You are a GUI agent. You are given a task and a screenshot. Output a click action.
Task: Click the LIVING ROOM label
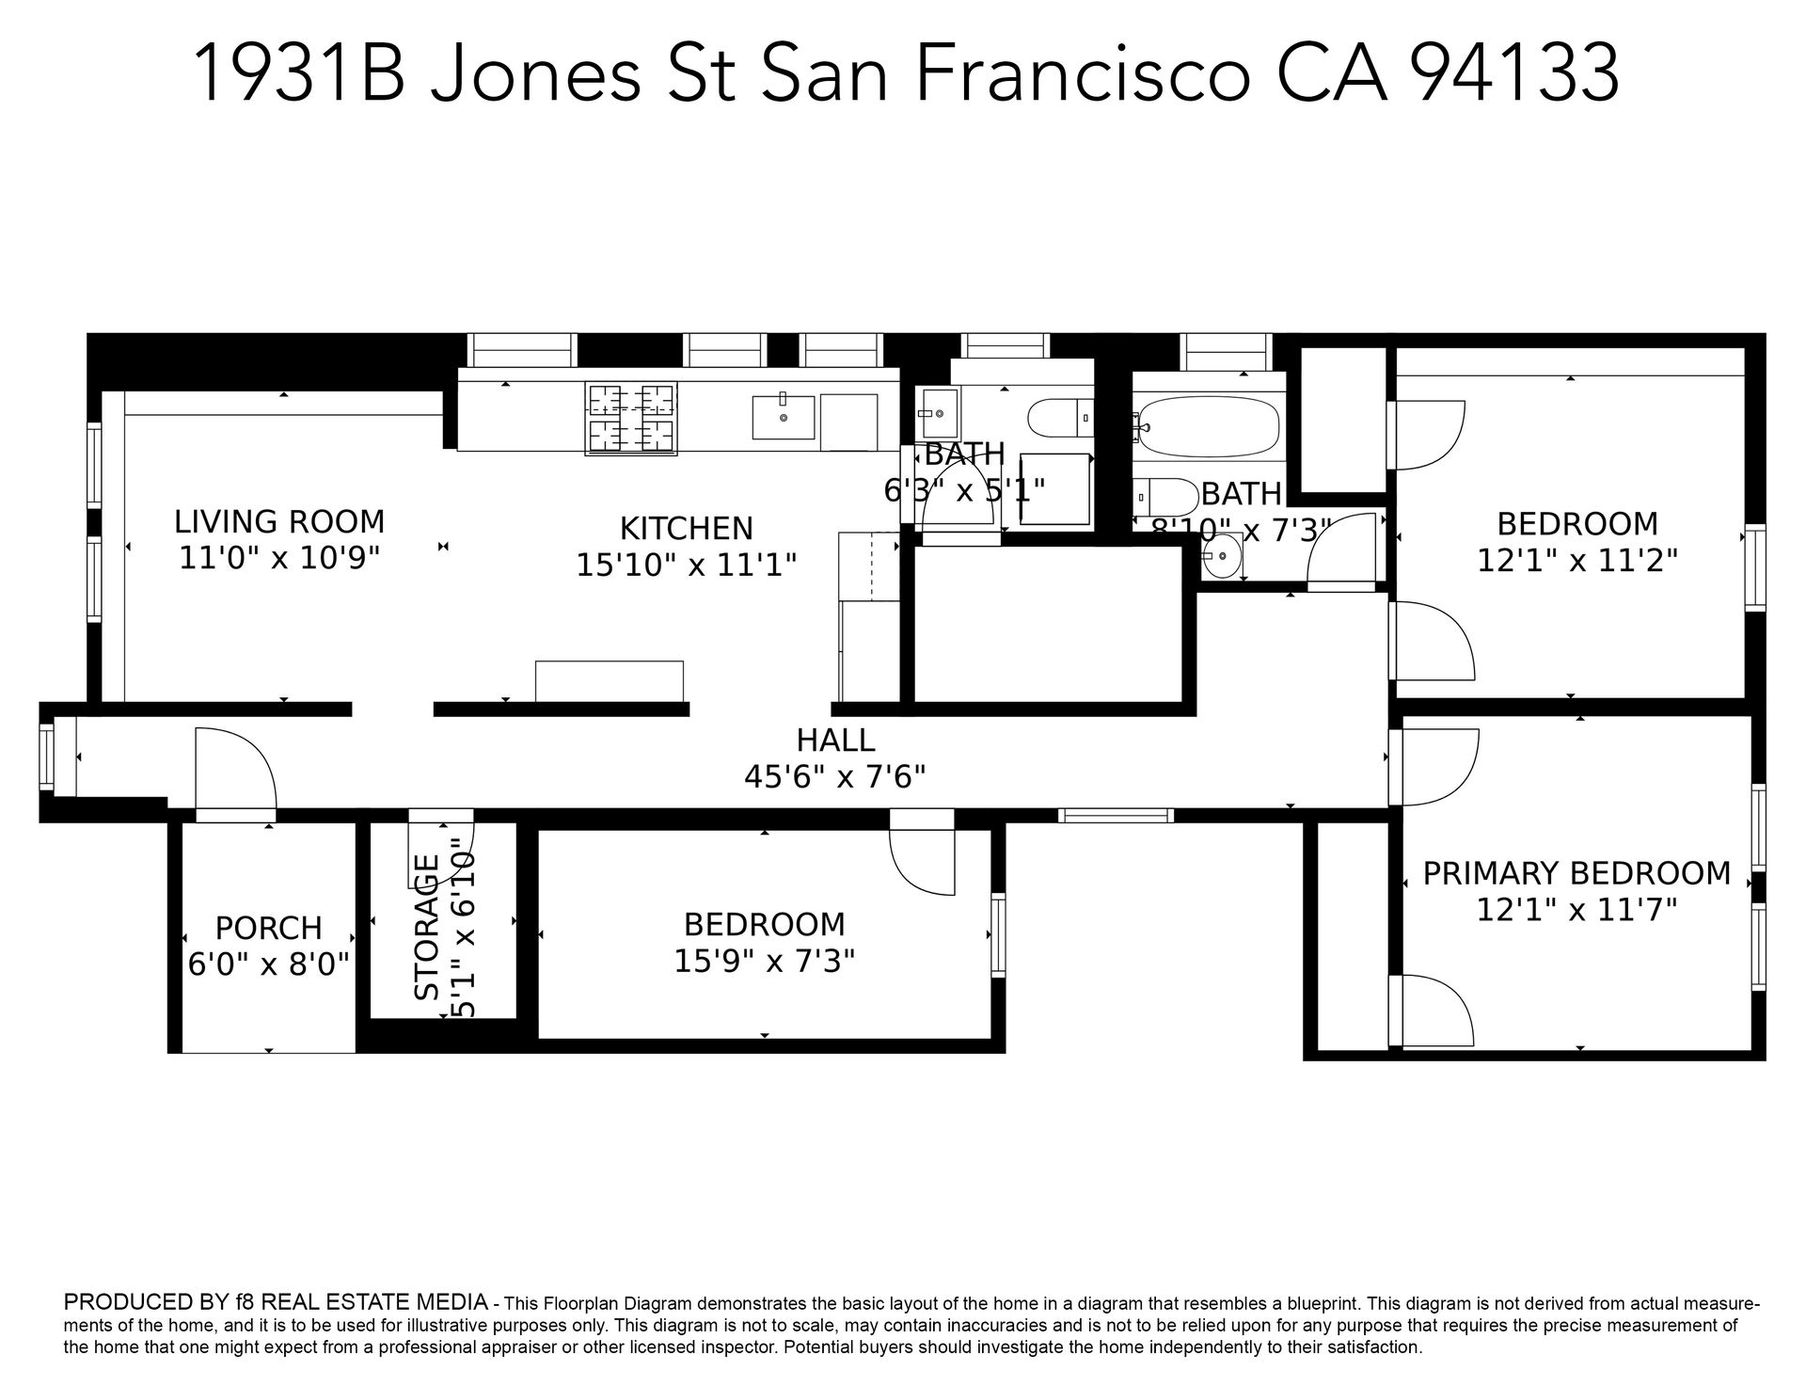279,521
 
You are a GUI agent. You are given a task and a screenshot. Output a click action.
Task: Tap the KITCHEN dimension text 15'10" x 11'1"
687,565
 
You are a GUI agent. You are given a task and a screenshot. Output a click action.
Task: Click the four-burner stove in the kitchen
631,419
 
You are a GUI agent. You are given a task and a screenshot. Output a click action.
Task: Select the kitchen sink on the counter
784,417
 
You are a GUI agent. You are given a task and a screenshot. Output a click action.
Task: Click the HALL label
836,741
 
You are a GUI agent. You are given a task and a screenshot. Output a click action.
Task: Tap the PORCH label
269,928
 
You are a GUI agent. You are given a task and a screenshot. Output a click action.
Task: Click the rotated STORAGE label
427,927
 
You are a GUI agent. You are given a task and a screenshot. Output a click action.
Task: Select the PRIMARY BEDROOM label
1576,873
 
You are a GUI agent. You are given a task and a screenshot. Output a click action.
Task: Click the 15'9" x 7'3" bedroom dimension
765,961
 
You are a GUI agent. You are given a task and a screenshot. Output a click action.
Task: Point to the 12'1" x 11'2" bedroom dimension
1577,561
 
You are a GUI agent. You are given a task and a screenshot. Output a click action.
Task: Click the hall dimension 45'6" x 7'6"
835,777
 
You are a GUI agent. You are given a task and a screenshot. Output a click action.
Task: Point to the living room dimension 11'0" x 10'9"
279,558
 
